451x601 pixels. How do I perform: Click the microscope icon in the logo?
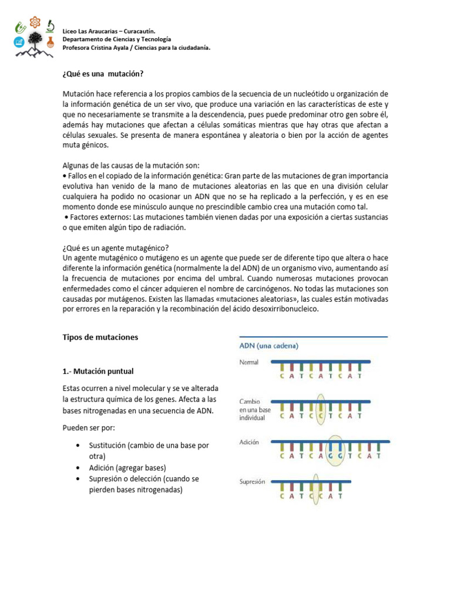pyautogui.click(x=50, y=26)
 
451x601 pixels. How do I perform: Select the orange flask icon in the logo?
pyautogui.click(x=50, y=42)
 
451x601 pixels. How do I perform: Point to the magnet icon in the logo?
pyautogui.click(x=21, y=27)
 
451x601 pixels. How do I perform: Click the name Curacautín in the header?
pyautogui.click(x=139, y=30)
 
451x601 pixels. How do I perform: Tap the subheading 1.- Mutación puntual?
pyautogui.click(x=98, y=371)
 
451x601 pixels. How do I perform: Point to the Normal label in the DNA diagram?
pyautogui.click(x=249, y=362)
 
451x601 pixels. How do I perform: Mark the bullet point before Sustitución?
pyautogui.click(x=79, y=445)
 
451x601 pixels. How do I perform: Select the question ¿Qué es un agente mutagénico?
pyautogui.click(x=115, y=248)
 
